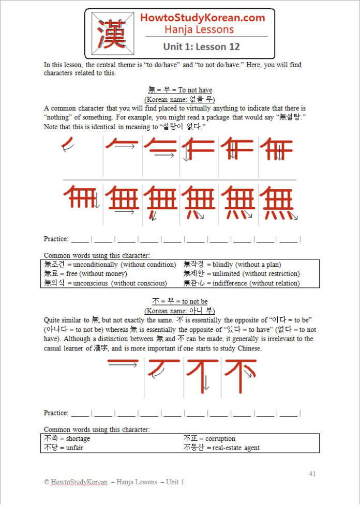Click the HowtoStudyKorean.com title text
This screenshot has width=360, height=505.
coord(203,18)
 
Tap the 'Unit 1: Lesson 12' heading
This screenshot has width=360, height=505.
coord(201,47)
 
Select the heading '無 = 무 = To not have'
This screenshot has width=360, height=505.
coord(180,90)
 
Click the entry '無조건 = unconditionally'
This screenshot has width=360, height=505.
coord(110,265)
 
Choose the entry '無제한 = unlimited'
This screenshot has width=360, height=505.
coord(242,274)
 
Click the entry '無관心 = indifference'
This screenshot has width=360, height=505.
coord(241,283)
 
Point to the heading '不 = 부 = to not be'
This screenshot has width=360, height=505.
coord(180,301)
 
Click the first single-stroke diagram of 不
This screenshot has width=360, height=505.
coord(123,364)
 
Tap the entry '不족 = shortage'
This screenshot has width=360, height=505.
coord(67,439)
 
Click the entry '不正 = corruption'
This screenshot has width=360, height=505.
coord(209,439)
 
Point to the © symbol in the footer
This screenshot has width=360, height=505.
coord(47,482)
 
